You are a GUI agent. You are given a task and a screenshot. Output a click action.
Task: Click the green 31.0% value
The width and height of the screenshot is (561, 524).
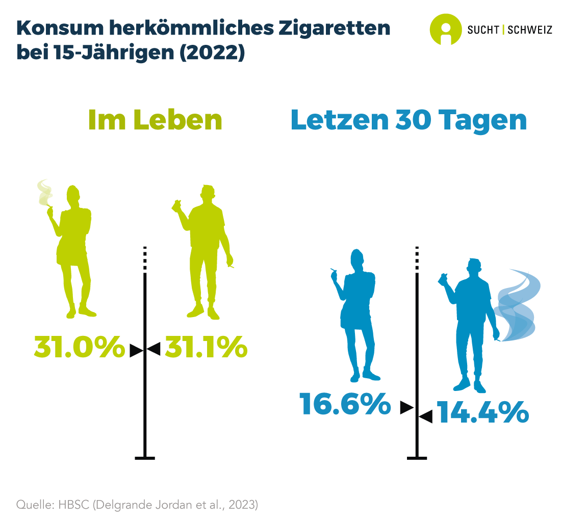(x=79, y=347)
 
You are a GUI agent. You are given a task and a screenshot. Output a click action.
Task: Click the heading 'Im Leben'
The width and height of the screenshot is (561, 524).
(x=155, y=120)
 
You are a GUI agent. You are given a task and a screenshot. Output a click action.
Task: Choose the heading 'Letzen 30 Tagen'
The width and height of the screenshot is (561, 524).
(x=409, y=120)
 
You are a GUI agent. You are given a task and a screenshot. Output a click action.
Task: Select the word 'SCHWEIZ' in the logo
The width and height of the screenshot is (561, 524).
(x=530, y=30)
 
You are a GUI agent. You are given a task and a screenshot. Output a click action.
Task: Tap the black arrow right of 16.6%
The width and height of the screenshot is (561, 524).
(x=406, y=407)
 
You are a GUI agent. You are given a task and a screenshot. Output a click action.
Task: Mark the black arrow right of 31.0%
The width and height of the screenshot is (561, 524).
(x=136, y=350)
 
